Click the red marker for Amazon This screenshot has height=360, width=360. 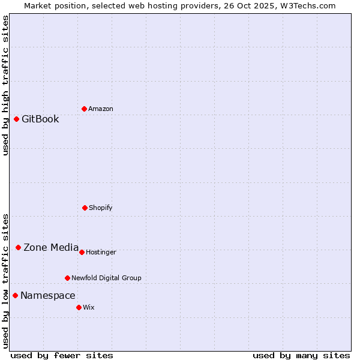[84, 109]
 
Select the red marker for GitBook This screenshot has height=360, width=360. [16, 119]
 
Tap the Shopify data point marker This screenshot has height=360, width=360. [85, 208]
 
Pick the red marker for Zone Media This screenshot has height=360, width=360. [18, 247]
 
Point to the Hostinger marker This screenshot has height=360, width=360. [82, 252]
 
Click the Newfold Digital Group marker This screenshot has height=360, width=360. [67, 278]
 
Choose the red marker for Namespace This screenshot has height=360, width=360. [15, 295]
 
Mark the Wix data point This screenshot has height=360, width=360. [79, 307]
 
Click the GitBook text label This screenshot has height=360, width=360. [40, 119]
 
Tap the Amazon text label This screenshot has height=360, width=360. [101, 109]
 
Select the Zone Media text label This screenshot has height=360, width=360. [51, 247]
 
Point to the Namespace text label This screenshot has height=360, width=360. [48, 295]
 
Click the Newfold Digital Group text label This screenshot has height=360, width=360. [106, 278]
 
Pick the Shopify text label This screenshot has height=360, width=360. [101, 208]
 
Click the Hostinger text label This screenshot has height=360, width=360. [101, 252]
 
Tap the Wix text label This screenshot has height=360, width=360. [89, 307]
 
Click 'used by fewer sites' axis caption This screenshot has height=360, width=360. [62, 355]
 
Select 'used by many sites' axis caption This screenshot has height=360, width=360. [301, 355]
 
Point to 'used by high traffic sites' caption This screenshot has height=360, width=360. [5, 85]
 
